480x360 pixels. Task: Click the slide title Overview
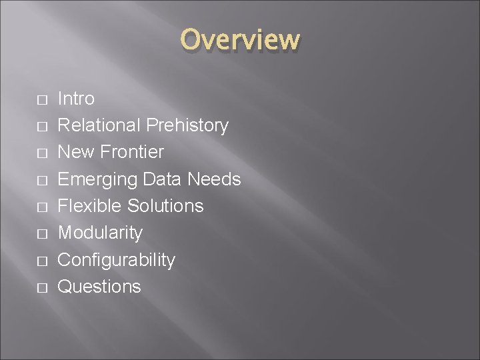click(x=240, y=40)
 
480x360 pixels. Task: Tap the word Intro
click(x=76, y=99)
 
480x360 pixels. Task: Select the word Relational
click(x=99, y=125)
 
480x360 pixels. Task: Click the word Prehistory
click(x=187, y=125)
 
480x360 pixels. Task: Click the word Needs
click(x=214, y=179)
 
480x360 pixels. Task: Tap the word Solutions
click(x=168, y=206)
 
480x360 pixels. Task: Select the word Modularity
click(x=100, y=233)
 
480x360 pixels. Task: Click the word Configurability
click(x=117, y=260)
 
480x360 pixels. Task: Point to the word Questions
click(x=99, y=287)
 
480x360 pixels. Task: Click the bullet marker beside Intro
click(x=41, y=100)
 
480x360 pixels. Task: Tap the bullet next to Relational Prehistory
click(x=41, y=127)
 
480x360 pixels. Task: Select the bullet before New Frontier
click(x=41, y=153)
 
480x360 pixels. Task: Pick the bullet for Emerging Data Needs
click(x=41, y=181)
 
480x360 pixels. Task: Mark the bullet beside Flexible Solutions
click(x=41, y=207)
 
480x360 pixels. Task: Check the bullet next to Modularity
click(x=41, y=234)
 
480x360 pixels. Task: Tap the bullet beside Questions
click(x=41, y=288)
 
